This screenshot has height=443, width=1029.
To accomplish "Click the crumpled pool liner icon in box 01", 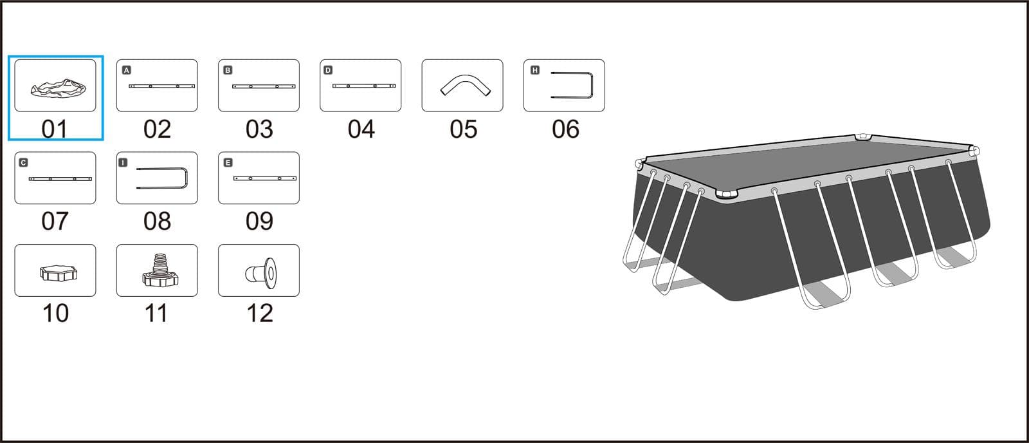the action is (59, 88).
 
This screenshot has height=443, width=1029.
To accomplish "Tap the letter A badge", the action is (126, 70).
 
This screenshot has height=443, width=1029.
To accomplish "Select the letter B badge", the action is (228, 70).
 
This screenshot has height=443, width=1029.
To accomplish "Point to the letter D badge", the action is (328, 70).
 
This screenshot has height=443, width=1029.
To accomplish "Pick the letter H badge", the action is (534, 70).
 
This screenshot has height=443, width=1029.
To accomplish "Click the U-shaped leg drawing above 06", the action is (592, 85).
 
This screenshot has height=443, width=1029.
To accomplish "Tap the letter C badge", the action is (23, 162).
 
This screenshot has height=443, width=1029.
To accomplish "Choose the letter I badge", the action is (123, 162).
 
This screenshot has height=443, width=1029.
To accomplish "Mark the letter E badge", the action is (228, 162).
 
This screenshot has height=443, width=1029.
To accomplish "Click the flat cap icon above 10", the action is (59, 273).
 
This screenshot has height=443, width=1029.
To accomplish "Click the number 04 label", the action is (361, 129).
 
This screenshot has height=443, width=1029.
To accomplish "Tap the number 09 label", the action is (259, 221).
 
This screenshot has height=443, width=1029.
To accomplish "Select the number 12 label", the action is (260, 314).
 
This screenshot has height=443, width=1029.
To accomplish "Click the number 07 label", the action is (55, 221).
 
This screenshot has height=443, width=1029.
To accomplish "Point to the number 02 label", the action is (157, 129).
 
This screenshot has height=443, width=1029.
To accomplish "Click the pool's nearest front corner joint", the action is (726, 193).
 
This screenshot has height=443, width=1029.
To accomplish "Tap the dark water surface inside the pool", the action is (808, 164).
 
